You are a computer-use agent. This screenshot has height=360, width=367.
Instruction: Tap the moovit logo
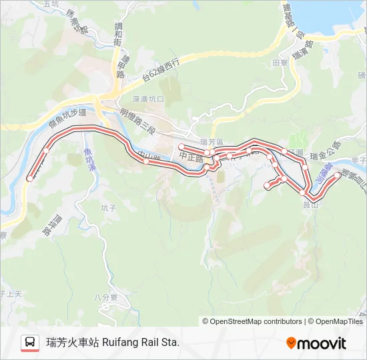[x=316, y=343]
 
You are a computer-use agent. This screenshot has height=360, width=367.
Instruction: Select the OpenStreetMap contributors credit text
[x=256, y=321]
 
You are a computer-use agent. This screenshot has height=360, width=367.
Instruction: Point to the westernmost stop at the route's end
[x=29, y=178]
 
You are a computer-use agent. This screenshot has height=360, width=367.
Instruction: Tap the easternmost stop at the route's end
[x=338, y=176]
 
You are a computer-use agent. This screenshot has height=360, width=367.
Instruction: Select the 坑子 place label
[x=109, y=208]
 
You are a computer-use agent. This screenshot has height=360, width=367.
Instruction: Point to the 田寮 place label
[x=280, y=63]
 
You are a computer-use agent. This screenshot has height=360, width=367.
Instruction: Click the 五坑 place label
[x=51, y=4]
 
